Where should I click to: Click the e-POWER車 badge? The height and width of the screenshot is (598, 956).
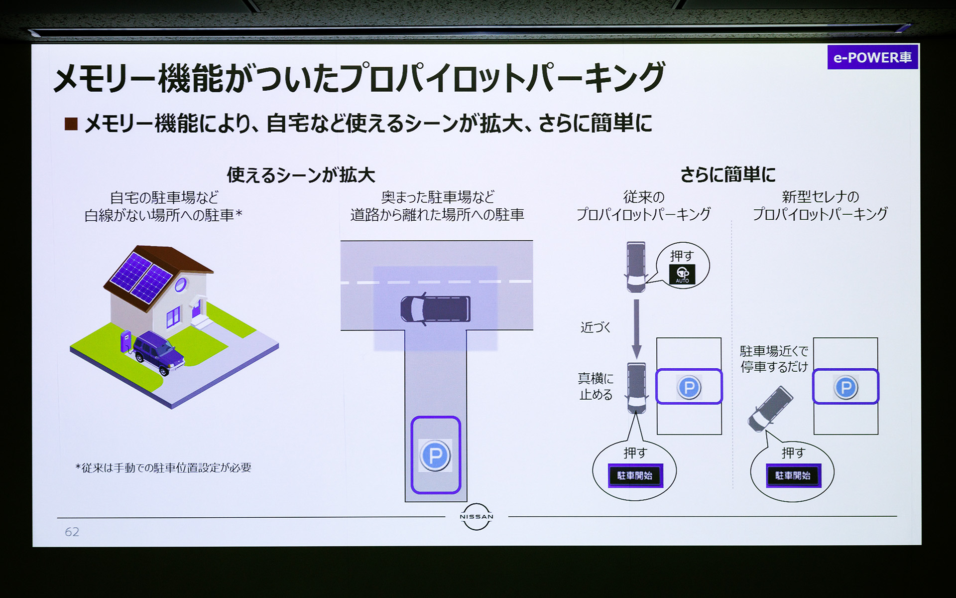(x=872, y=57)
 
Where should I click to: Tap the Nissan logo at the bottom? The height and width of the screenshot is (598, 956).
(x=477, y=517)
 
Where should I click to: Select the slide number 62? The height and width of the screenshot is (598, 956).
(x=72, y=532)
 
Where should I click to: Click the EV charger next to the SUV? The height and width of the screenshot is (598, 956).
(x=125, y=341)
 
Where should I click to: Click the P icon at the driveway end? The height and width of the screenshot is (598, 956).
(x=435, y=455)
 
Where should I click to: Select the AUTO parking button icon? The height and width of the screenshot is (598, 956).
(x=682, y=274)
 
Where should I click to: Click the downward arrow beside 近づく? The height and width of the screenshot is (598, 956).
(x=636, y=329)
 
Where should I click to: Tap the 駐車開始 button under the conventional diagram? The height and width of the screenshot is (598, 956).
(x=635, y=475)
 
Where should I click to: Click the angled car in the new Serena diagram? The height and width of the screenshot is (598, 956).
(x=770, y=409)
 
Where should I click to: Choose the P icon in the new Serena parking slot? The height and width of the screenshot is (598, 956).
(x=845, y=387)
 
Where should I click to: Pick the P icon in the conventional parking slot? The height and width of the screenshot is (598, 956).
(x=689, y=387)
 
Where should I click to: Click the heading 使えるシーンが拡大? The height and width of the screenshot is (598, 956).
(x=301, y=175)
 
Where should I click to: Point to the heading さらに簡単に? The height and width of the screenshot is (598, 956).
(x=728, y=174)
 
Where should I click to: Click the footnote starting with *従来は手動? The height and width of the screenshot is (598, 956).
(x=163, y=467)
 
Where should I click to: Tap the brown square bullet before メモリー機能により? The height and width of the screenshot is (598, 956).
(x=71, y=124)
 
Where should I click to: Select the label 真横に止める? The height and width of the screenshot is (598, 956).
(x=596, y=386)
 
